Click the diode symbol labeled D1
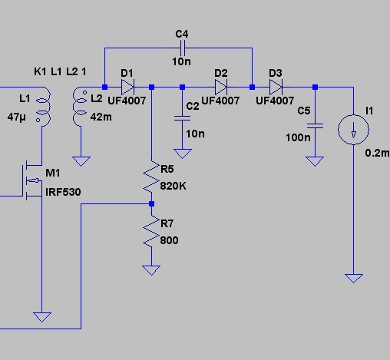pyautogui.click(x=127, y=88)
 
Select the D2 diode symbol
pyautogui.click(x=221, y=88)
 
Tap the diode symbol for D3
pyautogui.click(x=276, y=88)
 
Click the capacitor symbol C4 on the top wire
pyautogui.click(x=183, y=48)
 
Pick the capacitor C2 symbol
pyautogui.click(x=182, y=118)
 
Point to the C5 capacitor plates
pyautogui.click(x=315, y=126)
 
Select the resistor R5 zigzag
pyautogui.click(x=151, y=177)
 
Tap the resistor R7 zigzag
pyautogui.click(x=151, y=232)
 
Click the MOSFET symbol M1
pyautogui.click(x=33, y=181)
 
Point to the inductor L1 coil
pyautogui.click(x=44, y=107)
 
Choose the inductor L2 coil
pyautogui.click(x=79, y=107)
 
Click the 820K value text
pyautogui.click(x=174, y=186)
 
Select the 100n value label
pyautogui.click(x=298, y=137)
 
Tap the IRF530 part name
pyautogui.click(x=63, y=192)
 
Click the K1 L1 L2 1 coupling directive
pyautogui.click(x=60, y=72)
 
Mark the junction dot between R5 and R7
pyautogui.click(x=151, y=203)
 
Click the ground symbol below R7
pyautogui.click(x=151, y=270)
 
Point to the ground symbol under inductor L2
pyautogui.click(x=81, y=161)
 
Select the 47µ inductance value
pyautogui.click(x=17, y=117)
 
